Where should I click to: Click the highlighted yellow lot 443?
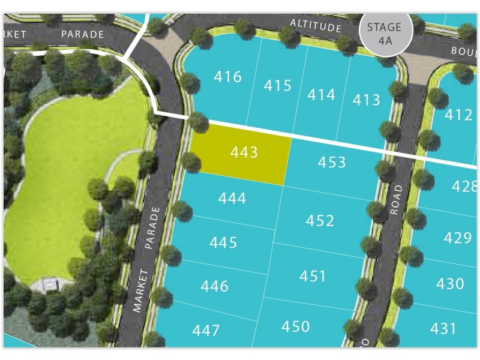[242, 154]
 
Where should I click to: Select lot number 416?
[227, 77]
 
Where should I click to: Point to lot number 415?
[277, 86]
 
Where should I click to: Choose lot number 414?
[321, 94]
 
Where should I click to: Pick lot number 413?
[366, 100]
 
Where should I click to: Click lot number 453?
[332, 162]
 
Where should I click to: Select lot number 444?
[232, 198]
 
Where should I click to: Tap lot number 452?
[320, 221]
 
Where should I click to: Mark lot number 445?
[223, 243]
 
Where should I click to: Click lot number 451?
[313, 276]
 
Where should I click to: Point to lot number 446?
[214, 286]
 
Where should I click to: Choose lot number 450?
[296, 326]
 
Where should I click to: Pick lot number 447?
[206, 330]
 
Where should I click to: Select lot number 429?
[458, 238]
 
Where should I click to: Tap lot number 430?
[451, 283]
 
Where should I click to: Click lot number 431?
[443, 328]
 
